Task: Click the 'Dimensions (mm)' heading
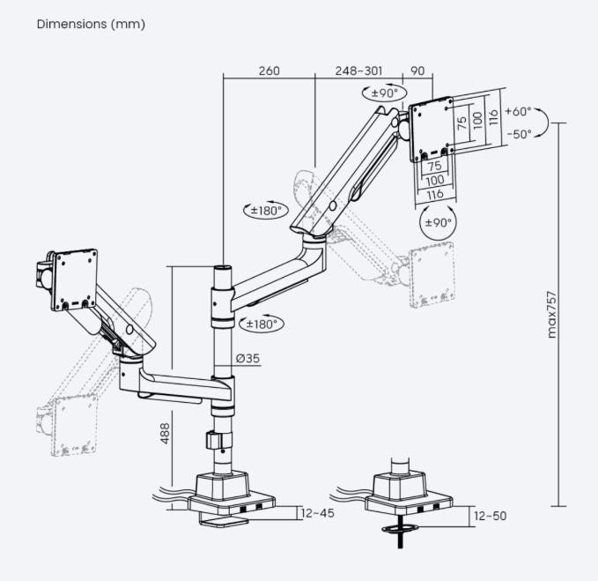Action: click(91, 24)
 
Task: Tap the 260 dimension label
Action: click(269, 71)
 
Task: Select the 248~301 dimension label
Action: click(358, 71)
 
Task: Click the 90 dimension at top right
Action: click(417, 71)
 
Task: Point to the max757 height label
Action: click(551, 315)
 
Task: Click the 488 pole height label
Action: click(165, 433)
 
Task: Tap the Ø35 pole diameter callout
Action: click(247, 358)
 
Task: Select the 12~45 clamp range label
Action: click(317, 513)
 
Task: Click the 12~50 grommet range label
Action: click(490, 516)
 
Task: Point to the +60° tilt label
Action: click(518, 111)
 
